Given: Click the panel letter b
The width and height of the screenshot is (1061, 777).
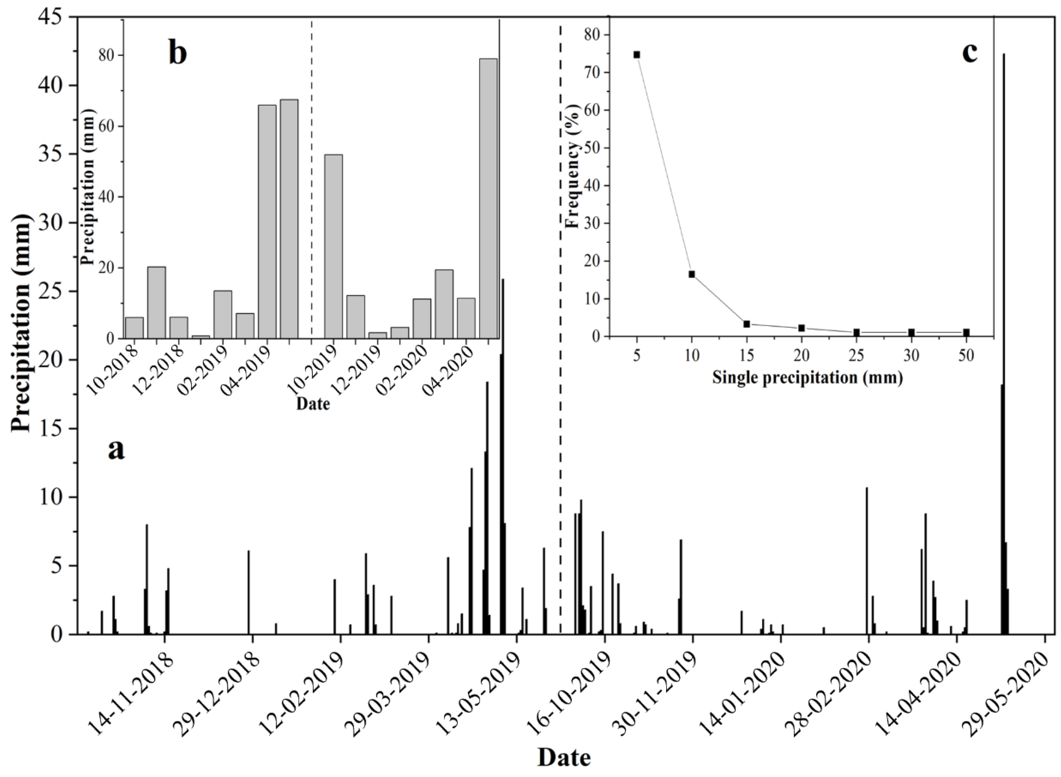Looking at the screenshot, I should pos(178,53).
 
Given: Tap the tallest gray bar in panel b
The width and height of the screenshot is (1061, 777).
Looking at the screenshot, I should pos(488,198).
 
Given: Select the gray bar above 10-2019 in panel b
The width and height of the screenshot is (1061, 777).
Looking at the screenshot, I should pos(333,246).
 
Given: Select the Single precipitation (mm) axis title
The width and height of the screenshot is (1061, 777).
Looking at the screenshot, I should pos(807,378).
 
